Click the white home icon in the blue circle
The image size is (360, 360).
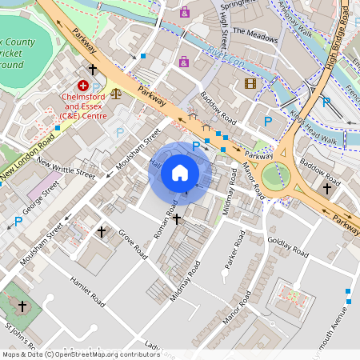point(180,172)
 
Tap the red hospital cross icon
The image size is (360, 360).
point(83,85)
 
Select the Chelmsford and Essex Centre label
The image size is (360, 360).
point(85,106)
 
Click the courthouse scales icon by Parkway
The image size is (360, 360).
point(117,92)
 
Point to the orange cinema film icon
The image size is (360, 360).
point(251,83)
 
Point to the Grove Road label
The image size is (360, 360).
point(132,243)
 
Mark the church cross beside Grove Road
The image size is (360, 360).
point(102,232)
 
